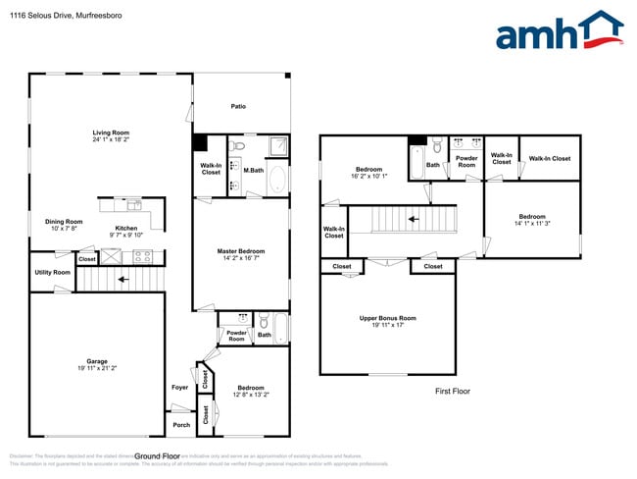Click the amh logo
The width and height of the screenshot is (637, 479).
(x=559, y=31)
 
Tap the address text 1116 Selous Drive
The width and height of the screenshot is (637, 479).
(x=50, y=14)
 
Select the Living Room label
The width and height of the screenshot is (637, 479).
(x=111, y=133)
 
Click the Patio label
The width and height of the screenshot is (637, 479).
(x=238, y=107)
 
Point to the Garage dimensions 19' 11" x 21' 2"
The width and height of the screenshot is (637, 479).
(x=96, y=368)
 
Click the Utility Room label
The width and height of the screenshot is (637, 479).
(x=52, y=272)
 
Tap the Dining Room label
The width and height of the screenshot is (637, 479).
(x=64, y=222)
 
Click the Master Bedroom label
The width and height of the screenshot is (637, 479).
(x=240, y=251)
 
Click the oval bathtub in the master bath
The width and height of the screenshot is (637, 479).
(x=277, y=181)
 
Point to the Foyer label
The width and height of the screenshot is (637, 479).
(x=179, y=387)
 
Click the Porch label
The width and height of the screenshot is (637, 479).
(x=181, y=425)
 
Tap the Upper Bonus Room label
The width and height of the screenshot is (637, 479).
(x=388, y=318)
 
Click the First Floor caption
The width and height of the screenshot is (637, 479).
(x=452, y=391)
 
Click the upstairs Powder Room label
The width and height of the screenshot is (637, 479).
(x=466, y=161)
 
